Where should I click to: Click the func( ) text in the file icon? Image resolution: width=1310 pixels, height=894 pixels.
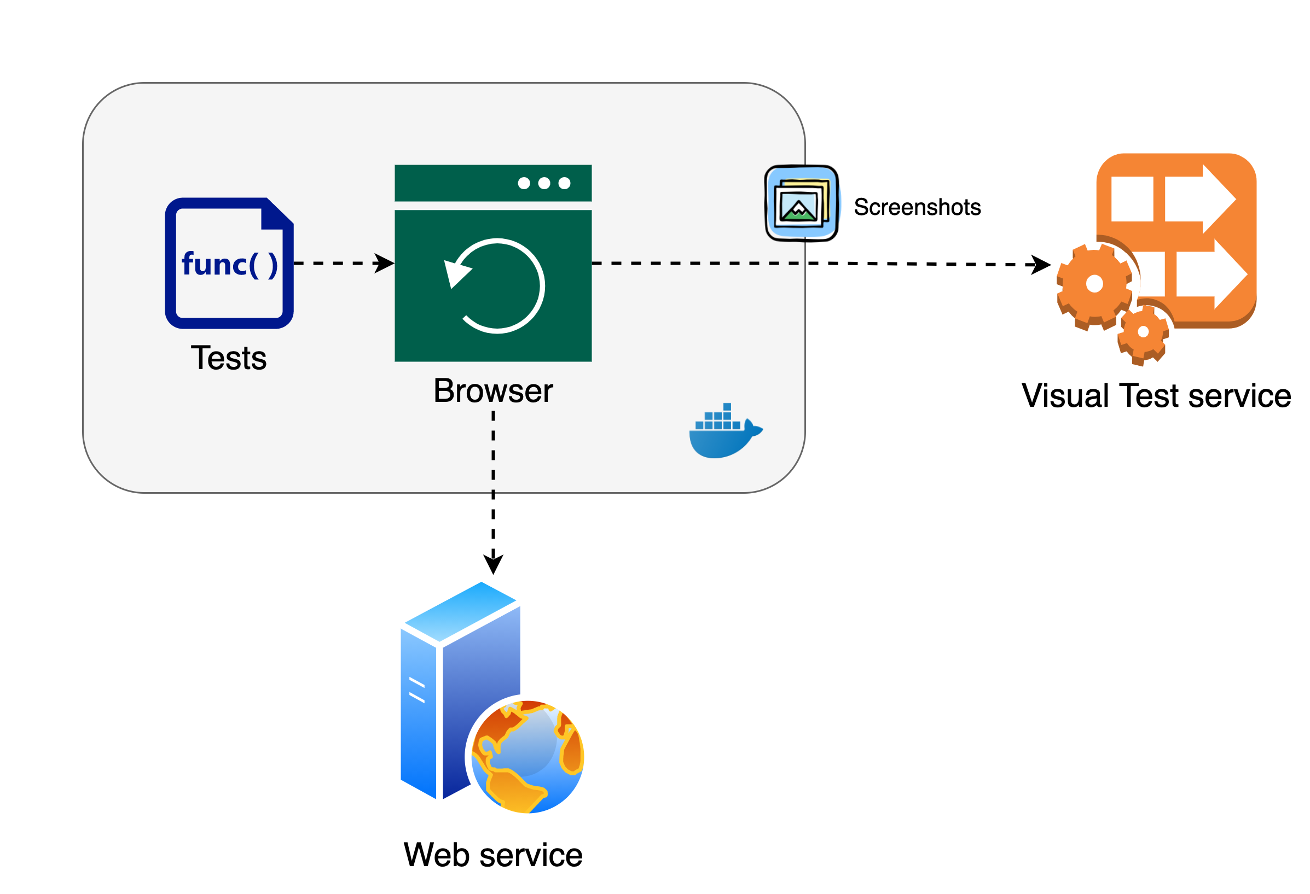[x=229, y=264]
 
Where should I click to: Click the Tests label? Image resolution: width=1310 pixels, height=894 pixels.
[x=229, y=358]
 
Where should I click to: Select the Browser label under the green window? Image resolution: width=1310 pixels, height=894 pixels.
[x=493, y=391]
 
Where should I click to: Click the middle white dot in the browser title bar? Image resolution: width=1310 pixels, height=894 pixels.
[x=544, y=183]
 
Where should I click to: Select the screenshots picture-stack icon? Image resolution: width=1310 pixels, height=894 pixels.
[x=801, y=203]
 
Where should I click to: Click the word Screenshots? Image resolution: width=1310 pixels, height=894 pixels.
[x=917, y=207]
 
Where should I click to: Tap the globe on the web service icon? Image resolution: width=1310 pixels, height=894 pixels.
[x=527, y=757]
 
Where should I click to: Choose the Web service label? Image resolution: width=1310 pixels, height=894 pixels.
[x=493, y=855]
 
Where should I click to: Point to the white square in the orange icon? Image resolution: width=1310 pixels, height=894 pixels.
[x=1132, y=199]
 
